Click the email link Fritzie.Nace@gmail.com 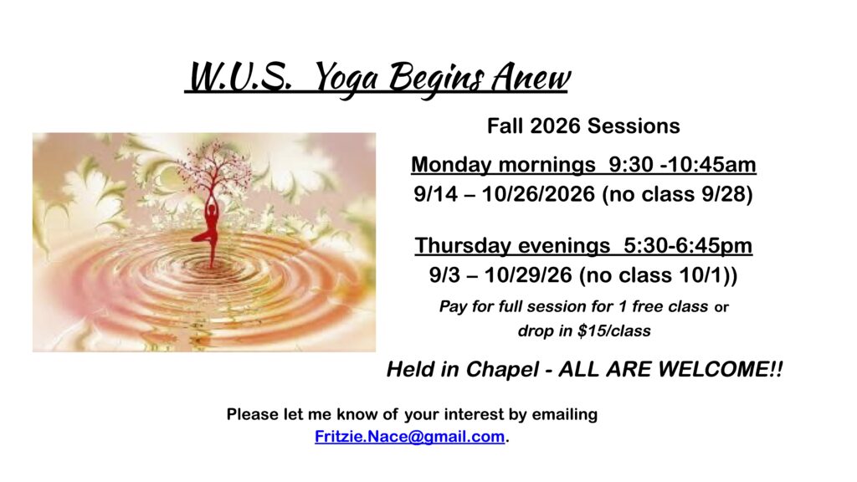pos(409,437)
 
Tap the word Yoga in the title pos(346,78)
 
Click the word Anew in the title pos(530,77)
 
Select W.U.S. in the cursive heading pos(240,77)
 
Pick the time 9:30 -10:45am pos(683,164)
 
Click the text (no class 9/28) pos(677,194)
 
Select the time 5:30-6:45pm pos(688,245)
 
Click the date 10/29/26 pos(528,274)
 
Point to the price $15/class pos(614,331)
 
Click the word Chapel pos(502,369)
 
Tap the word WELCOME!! pos(721,369)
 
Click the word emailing pos(565,414)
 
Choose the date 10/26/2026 pos(538,194)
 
